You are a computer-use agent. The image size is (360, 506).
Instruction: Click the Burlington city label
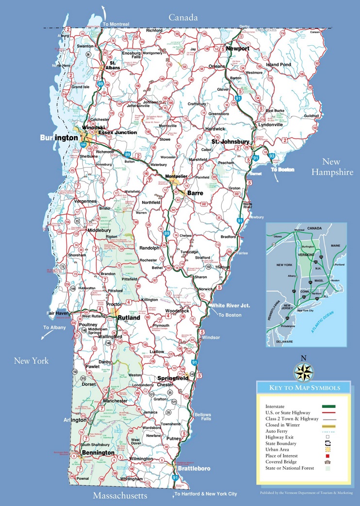click(x=59, y=138)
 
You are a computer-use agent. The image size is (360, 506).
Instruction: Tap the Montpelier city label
click(x=176, y=176)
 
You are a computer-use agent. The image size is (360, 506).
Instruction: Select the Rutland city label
click(x=129, y=318)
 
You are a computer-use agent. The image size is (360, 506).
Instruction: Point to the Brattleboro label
click(x=194, y=469)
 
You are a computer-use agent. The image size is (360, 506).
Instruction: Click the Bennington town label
click(x=98, y=453)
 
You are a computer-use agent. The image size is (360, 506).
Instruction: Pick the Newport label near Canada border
click(x=237, y=49)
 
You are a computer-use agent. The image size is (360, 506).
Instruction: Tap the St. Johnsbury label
click(x=230, y=142)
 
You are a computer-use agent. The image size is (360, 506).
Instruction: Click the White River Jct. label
click(x=230, y=305)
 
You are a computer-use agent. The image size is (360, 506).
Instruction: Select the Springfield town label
click(x=173, y=378)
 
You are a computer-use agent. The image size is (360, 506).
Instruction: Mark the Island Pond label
click(x=278, y=65)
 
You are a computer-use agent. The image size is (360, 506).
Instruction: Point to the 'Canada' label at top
click(x=183, y=17)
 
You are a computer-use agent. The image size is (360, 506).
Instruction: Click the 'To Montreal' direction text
click(x=116, y=24)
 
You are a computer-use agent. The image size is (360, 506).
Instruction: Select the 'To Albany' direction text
click(x=54, y=328)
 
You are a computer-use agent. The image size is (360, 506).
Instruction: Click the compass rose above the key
click(x=304, y=371)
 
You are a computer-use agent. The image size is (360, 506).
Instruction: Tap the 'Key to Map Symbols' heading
click(x=304, y=388)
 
